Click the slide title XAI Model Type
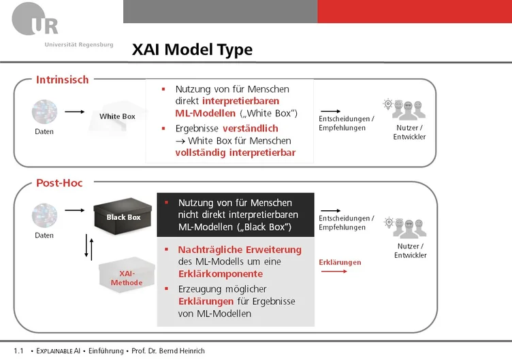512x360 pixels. (x=192, y=50)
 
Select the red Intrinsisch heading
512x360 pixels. (x=63, y=80)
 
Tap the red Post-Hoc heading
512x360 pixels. (x=59, y=183)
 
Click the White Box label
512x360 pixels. (x=117, y=116)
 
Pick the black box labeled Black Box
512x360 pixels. (x=123, y=216)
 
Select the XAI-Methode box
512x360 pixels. (x=127, y=275)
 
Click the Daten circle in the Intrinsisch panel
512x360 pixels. (x=44, y=112)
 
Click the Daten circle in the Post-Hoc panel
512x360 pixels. (x=44, y=216)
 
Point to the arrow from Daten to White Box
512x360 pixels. (x=74, y=112)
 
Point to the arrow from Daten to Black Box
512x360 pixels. (x=74, y=210)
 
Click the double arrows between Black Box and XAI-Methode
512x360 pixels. (x=89, y=247)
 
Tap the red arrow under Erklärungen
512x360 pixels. (x=334, y=272)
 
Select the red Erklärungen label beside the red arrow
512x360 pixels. (x=340, y=263)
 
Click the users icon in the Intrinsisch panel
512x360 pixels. (x=404, y=110)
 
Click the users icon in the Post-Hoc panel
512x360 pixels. (x=405, y=228)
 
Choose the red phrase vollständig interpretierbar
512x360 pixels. (x=235, y=152)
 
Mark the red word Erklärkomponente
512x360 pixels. (x=221, y=274)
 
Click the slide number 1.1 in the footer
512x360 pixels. (x=18, y=351)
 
